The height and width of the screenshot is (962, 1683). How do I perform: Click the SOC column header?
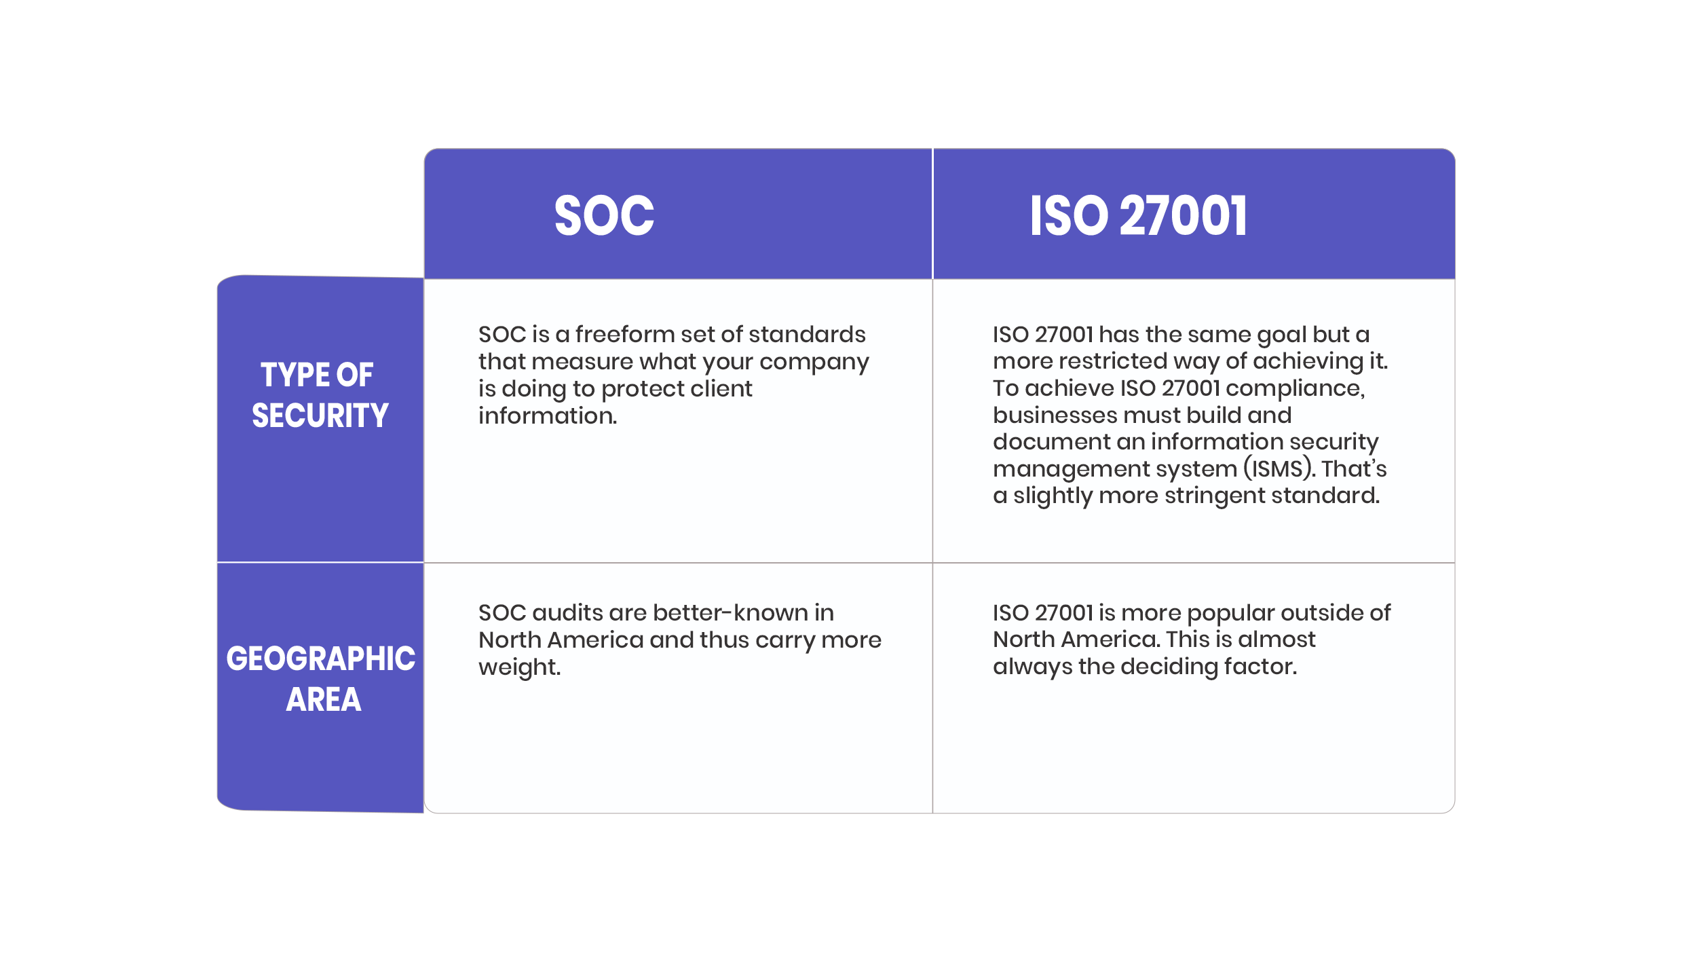tap(604, 216)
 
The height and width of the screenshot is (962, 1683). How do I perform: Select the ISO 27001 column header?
tap(1139, 216)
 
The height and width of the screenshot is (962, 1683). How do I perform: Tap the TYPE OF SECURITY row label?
tap(320, 395)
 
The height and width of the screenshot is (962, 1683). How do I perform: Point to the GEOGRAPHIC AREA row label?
tap(320, 679)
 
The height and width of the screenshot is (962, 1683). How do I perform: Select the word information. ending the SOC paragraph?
tap(548, 415)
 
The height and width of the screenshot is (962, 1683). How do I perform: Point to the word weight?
tap(519, 668)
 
